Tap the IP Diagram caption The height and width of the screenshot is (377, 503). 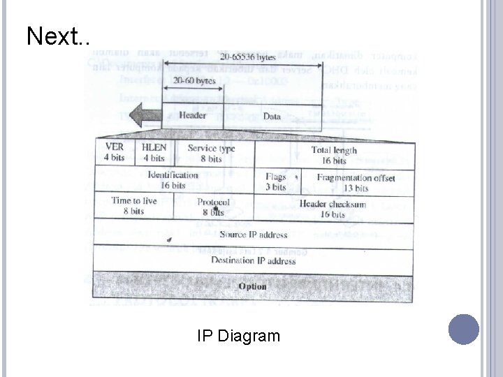[238, 337]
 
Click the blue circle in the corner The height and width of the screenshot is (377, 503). [464, 330]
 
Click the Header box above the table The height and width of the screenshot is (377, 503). [193, 116]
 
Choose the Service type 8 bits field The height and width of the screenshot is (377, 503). [212, 154]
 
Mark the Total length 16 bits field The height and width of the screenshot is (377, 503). [334, 155]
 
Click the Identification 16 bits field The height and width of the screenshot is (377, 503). [173, 180]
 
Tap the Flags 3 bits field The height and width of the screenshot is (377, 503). [276, 182]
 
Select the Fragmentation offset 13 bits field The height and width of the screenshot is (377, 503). [356, 182]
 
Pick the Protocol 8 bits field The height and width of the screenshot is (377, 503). [213, 207]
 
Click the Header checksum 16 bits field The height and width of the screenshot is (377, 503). [333, 209]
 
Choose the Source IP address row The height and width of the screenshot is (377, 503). [252, 234]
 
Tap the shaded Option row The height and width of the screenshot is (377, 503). [252, 286]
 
